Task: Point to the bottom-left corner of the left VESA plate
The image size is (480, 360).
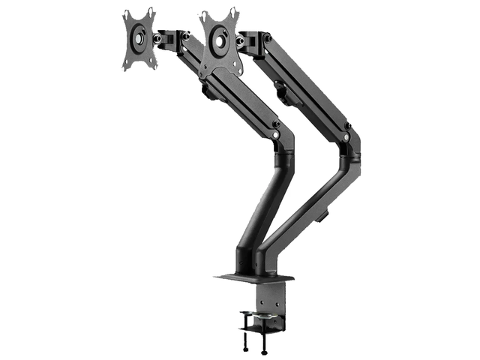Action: (x=124, y=68)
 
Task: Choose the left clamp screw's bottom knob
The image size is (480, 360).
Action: (x=245, y=349)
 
